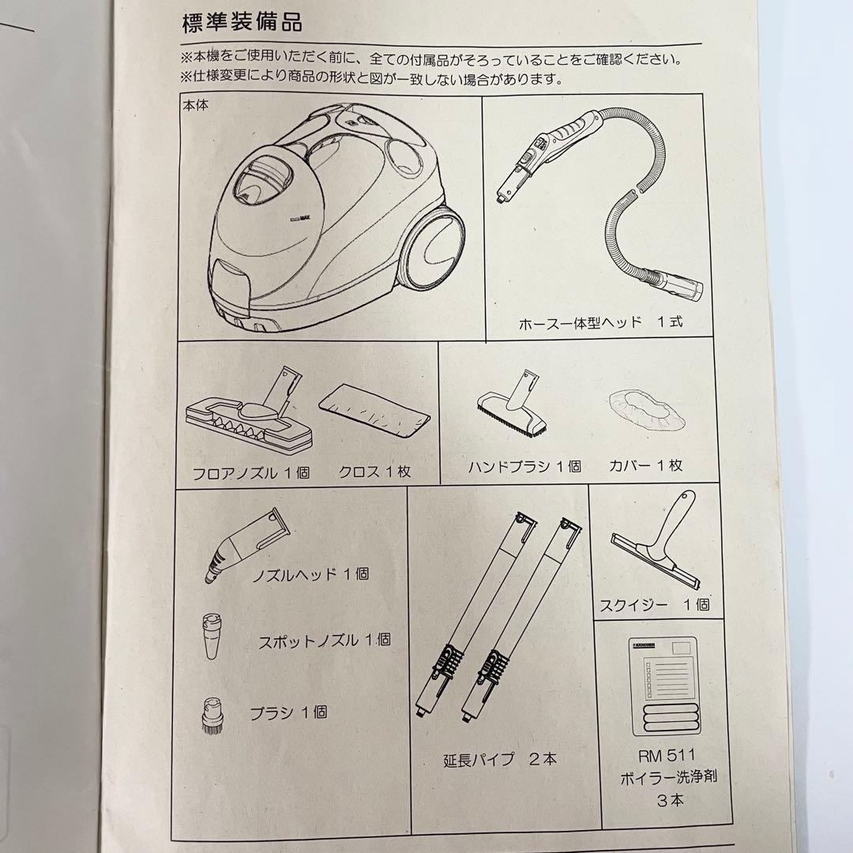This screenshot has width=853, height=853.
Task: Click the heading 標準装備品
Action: click(242, 22)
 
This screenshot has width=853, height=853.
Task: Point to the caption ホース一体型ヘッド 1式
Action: click(600, 323)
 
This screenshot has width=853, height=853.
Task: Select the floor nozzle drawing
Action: click(248, 414)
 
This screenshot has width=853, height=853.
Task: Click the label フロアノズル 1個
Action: click(251, 473)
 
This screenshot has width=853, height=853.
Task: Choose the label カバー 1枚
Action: click(646, 465)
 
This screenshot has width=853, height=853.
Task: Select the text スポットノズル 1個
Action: click(325, 640)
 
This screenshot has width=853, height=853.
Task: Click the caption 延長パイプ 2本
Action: click(500, 759)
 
